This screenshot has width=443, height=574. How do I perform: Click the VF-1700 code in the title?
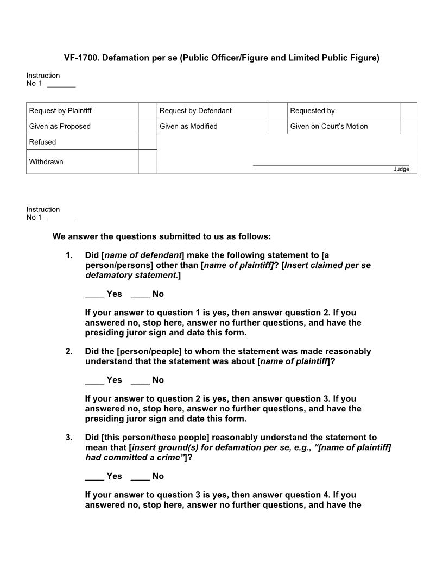pyautogui.click(x=80, y=58)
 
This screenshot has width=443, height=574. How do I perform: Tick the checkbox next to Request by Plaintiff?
pyautogui.click(x=147, y=110)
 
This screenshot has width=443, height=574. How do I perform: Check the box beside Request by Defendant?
pyautogui.click(x=277, y=110)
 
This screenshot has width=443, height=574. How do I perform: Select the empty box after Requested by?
pyautogui.click(x=408, y=110)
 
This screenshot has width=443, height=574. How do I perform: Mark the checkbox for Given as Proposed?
pyautogui.click(x=147, y=126)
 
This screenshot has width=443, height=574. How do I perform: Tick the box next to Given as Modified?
pyautogui.click(x=277, y=126)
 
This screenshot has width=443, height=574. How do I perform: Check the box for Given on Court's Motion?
pyautogui.click(x=408, y=126)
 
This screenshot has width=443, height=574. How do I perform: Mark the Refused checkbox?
pyautogui.click(x=147, y=142)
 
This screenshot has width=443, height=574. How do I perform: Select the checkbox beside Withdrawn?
pyautogui.click(x=147, y=162)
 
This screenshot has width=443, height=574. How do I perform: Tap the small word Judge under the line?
pyautogui.click(x=401, y=169)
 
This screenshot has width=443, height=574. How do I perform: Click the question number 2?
pyautogui.click(x=69, y=351)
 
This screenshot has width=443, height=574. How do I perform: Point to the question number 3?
pyautogui.click(x=69, y=437)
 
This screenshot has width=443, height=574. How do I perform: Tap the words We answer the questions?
pyautogui.click(x=109, y=236)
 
